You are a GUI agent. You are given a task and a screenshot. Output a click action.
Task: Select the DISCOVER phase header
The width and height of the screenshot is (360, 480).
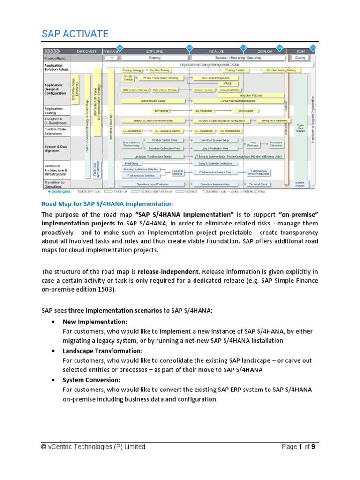pyautogui.click(x=86, y=51)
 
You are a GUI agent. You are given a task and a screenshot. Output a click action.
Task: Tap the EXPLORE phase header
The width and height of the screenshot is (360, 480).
pyautogui.click(x=155, y=51)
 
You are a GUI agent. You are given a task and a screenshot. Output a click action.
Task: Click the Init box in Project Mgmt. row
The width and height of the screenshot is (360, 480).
pyautogui.click(x=112, y=58)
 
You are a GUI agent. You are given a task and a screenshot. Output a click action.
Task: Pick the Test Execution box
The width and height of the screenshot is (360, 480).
pyautogui.click(x=245, y=110)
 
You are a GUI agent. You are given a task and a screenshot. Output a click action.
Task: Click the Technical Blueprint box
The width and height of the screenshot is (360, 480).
pyautogui.click(x=177, y=172)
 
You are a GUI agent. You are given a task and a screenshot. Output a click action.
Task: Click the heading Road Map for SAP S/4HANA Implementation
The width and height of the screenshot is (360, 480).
pyautogui.click(x=107, y=204)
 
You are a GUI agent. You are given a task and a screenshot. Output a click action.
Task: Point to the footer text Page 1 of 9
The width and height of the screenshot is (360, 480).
pyautogui.click(x=301, y=447)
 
